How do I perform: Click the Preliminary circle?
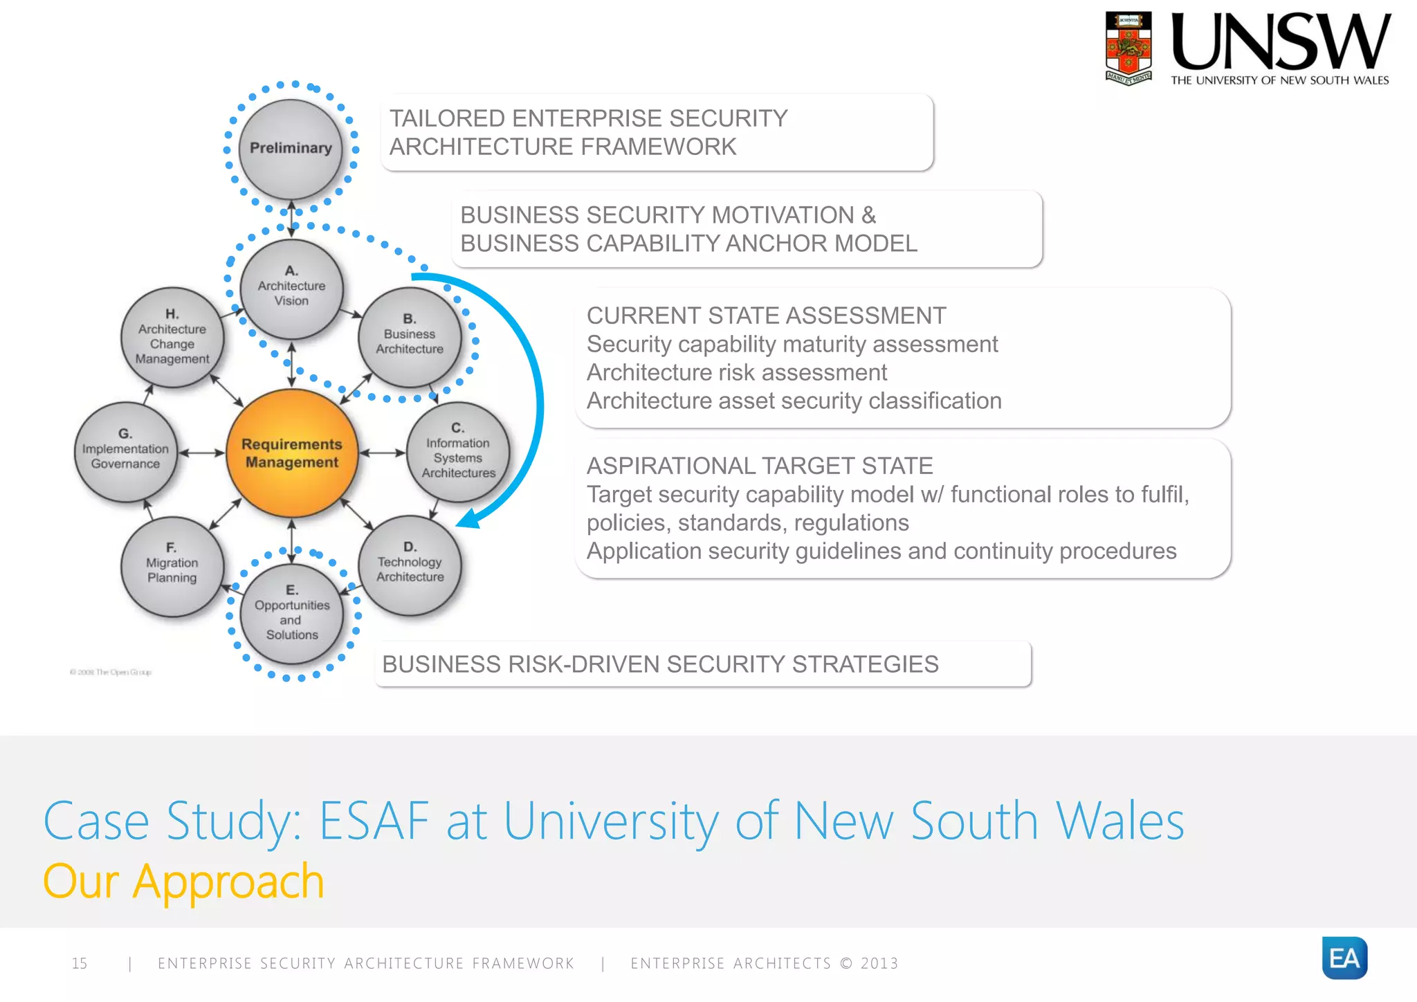(291, 148)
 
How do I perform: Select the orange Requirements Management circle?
(292, 453)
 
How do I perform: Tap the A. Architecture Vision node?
(291, 287)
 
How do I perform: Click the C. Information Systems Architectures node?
(458, 451)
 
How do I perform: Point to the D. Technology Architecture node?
(410, 565)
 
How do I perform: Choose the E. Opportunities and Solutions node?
(291, 613)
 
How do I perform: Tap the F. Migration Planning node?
(172, 565)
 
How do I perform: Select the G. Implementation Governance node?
(125, 451)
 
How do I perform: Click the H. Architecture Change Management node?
(172, 337)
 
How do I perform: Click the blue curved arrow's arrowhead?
(468, 518)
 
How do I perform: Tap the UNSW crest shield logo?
(1128, 47)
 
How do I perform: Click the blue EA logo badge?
(1344, 958)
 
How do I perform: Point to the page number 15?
(80, 963)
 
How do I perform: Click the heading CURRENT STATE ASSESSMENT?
(766, 316)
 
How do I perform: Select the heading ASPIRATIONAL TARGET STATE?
(760, 466)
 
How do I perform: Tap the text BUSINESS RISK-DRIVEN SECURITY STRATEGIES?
(660, 664)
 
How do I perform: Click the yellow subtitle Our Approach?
(183, 882)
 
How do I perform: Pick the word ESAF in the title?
(374, 821)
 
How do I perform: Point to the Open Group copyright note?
(111, 672)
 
